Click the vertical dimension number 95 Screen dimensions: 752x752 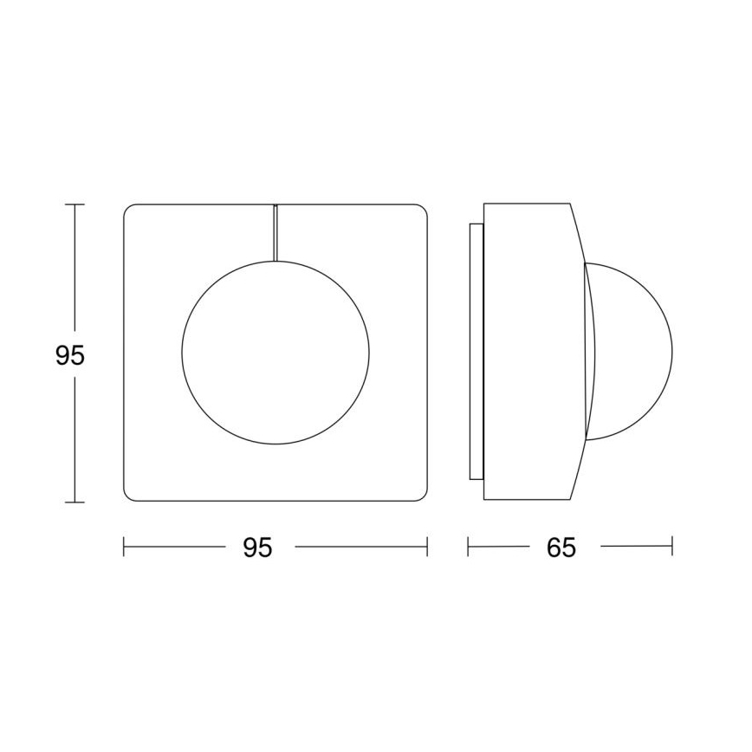coord(70,355)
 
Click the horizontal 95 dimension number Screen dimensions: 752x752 coord(256,548)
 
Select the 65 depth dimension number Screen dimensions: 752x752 coord(561,548)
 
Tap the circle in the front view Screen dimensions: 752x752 coord(276,353)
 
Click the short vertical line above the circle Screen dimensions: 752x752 coord(276,231)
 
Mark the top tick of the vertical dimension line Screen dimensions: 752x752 coord(75,204)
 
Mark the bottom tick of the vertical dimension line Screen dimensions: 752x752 coord(75,502)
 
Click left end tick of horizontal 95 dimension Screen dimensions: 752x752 coord(125,547)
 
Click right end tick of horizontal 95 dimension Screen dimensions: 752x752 coord(427,547)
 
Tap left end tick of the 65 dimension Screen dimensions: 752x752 coord(469,547)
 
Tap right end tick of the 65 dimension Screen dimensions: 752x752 coord(672,547)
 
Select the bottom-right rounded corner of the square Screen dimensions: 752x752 coord(422,496)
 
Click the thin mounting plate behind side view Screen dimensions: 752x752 coord(475,352)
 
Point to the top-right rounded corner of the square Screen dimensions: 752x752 coord(422,210)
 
